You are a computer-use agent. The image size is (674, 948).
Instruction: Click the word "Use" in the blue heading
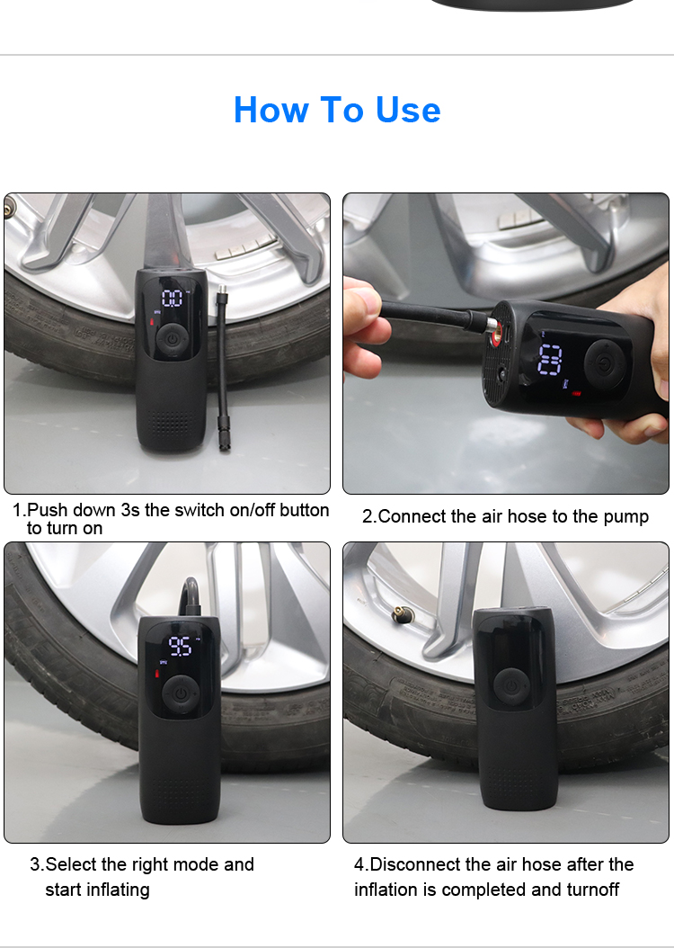pos(408,110)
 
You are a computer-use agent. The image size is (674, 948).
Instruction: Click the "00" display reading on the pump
pos(173,298)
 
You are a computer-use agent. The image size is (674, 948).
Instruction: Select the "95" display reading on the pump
pos(180,646)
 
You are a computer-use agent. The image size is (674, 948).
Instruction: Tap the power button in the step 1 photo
pos(173,338)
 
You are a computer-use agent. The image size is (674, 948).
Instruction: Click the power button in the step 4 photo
pos(511,686)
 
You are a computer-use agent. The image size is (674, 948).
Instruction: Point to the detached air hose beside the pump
pos(223,368)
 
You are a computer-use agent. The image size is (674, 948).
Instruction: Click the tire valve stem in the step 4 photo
pos(400,614)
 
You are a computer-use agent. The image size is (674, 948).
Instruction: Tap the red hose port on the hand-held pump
pos(496,331)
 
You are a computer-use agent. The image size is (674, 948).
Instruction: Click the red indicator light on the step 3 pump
pos(158,673)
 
